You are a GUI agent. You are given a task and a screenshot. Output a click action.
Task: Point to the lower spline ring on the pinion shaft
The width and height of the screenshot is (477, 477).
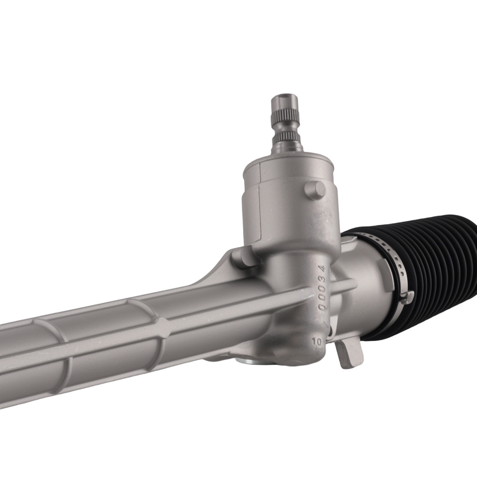point(286,136)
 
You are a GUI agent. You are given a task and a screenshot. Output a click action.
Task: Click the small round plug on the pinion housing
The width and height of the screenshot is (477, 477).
point(315,190)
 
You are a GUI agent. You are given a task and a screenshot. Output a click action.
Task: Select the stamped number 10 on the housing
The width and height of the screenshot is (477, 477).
point(315,342)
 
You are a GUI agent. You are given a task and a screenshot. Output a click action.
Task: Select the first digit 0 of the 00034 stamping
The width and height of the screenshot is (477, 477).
point(323,307)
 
